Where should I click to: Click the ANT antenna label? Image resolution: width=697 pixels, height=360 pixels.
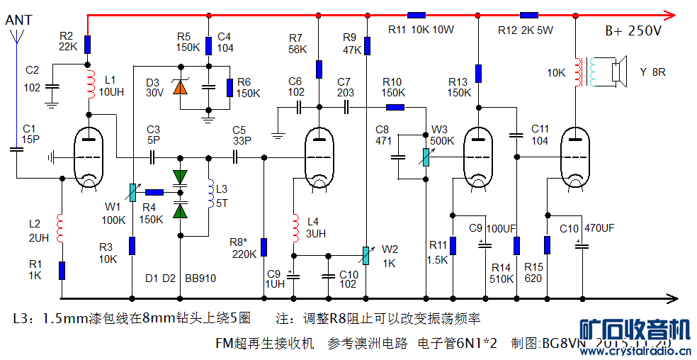(18, 21)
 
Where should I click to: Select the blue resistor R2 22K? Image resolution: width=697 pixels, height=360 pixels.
(88, 45)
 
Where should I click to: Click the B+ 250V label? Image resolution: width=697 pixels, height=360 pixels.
(633, 32)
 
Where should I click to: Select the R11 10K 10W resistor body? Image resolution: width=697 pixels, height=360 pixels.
(416, 14)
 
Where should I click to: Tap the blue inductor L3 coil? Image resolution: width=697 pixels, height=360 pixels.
(210, 196)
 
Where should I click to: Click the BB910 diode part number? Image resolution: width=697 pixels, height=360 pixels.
(200, 279)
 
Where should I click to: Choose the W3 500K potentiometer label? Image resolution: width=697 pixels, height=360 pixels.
(443, 135)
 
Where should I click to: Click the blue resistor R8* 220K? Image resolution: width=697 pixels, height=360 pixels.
(263, 247)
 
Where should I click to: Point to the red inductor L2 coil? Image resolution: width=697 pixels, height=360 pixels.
(62, 227)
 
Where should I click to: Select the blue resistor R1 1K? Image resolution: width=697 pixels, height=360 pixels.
(62, 270)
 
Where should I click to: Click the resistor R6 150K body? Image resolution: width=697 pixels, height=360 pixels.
(229, 87)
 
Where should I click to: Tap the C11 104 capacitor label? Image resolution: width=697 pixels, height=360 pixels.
(540, 135)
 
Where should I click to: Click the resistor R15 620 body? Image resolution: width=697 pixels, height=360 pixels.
(547, 245)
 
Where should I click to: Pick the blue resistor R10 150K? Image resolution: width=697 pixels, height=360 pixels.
(395, 108)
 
